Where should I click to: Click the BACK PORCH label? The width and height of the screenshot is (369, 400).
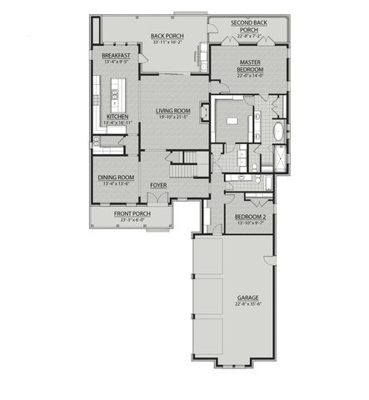(167, 36)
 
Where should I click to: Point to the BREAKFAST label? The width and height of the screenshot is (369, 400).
(116, 55)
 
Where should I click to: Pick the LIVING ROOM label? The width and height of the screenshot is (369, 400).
(173, 111)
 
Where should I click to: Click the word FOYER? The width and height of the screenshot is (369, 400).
(158, 185)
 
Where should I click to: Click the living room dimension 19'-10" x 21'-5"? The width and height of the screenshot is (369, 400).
(173, 117)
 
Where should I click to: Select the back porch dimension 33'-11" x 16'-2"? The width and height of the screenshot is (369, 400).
(167, 42)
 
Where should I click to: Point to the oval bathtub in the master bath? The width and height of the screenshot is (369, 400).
(278, 132)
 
